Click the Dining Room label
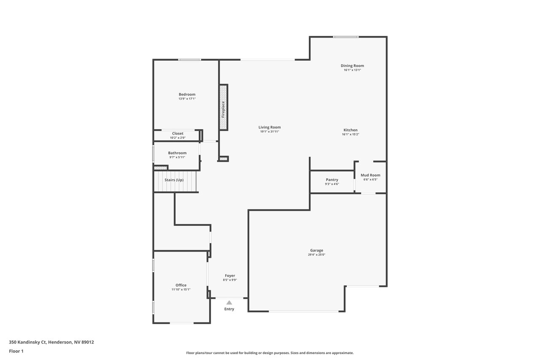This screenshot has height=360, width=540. coord(352,65)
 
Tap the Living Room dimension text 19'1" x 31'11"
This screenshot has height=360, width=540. coord(270,132)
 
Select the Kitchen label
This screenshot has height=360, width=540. coord(351,130)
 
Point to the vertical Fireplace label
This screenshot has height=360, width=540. coord(223,109)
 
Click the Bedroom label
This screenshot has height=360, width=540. coord(187,94)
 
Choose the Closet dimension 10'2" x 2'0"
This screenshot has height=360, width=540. coord(178,138)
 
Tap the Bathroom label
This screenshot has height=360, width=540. coord(177,153)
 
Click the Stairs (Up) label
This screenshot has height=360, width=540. coord(174,180)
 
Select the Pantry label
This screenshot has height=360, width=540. coord(332,180)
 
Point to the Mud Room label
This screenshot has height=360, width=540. coord(370,175)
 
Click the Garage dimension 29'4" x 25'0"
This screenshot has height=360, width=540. coord(316,254)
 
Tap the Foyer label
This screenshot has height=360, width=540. coord(230,276)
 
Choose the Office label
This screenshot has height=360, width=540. coord(181,285)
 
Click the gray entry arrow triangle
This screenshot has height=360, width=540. coord(229,303)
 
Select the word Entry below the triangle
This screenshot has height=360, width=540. coord(229,309)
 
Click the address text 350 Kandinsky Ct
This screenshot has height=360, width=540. coord(27,342)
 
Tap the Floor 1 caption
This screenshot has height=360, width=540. coord(16,351)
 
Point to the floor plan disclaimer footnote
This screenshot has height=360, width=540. coord(270,353)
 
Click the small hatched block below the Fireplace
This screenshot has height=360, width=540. coord(224,159)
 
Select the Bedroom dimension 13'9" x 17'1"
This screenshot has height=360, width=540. coord(187,99)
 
